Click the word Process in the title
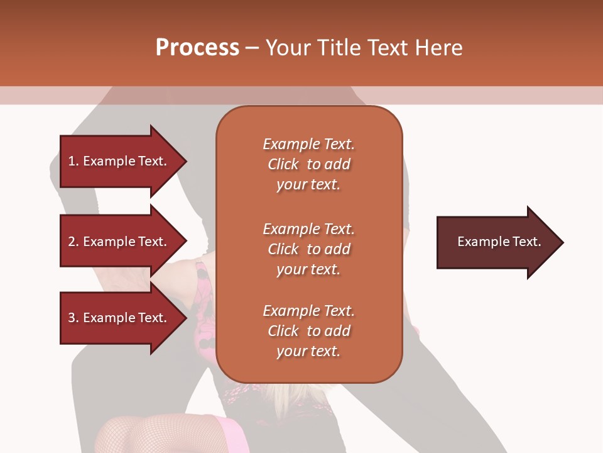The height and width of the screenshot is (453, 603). click(197, 48)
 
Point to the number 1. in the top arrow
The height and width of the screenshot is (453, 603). click(73, 161)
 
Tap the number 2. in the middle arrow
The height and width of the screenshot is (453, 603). click(73, 242)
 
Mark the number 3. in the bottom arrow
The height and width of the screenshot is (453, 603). click(73, 318)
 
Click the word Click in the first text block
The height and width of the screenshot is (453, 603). click(283, 164)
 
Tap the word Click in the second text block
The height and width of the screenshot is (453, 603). click(283, 249)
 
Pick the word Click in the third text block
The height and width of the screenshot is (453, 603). click(283, 331)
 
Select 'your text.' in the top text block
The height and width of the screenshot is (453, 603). click(308, 185)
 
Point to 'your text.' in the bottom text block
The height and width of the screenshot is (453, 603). click(308, 352)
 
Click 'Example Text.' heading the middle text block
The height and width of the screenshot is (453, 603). click(308, 229)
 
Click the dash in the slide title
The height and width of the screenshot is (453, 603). click(252, 48)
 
